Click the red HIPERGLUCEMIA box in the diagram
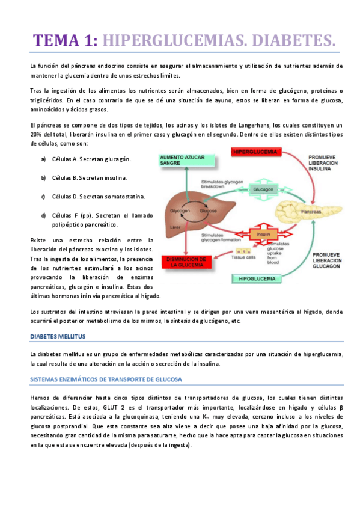click(x=256, y=152)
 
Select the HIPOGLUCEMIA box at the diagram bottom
click(x=258, y=279)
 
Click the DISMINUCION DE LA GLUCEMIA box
click(x=186, y=260)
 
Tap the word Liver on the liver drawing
click(x=175, y=227)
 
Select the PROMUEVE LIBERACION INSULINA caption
click(x=325, y=162)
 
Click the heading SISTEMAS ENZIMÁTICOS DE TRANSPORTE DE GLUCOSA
click(x=109, y=379)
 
